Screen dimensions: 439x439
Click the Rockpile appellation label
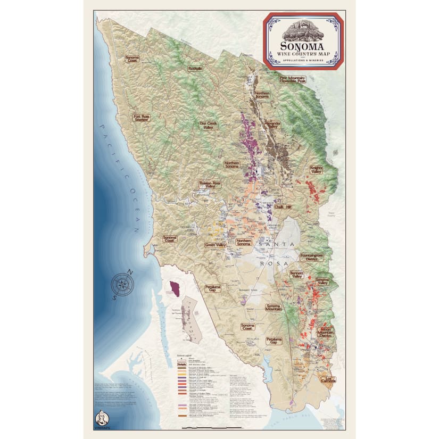[x=195, y=69]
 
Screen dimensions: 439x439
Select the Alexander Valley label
[x=271, y=125]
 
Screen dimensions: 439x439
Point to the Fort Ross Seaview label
[x=142, y=118]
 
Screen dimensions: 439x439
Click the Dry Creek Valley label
[x=210, y=125]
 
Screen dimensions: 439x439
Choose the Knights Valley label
[x=317, y=170]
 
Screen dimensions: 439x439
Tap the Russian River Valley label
[x=210, y=185]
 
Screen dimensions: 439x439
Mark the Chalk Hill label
[x=283, y=206]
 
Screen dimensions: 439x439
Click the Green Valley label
[x=216, y=245]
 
